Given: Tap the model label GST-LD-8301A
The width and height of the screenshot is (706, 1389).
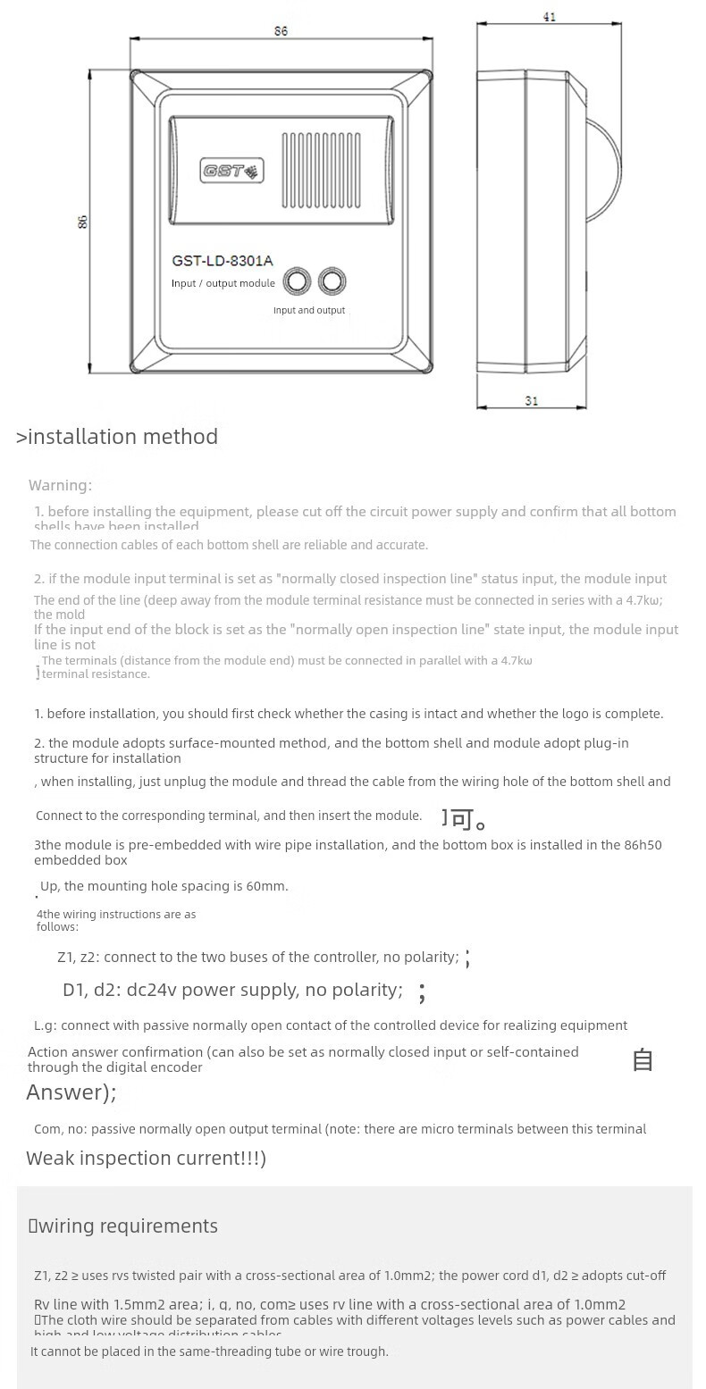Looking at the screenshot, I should [x=223, y=261].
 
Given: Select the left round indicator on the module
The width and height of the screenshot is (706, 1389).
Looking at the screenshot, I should [x=297, y=281].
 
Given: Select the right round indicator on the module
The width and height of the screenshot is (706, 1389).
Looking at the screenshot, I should [x=332, y=281].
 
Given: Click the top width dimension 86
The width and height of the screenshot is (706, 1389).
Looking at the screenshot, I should [x=281, y=31].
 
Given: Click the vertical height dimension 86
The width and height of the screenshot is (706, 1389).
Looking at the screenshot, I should [x=83, y=222].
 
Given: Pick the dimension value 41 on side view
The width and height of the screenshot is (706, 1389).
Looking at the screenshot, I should [x=549, y=17].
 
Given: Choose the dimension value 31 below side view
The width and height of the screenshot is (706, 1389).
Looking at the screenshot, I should [x=532, y=401].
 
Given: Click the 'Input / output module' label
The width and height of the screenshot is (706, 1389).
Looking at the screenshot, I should [x=223, y=283].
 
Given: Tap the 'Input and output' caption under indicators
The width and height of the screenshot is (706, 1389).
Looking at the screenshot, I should [x=309, y=310].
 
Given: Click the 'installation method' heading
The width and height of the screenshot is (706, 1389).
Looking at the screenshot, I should [x=122, y=436].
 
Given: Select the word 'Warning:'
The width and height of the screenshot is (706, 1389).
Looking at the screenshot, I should [x=60, y=485].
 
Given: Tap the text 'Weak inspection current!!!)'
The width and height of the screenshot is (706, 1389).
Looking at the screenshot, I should [x=146, y=1158].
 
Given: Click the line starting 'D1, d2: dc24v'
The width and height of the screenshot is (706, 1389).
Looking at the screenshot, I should [x=232, y=990].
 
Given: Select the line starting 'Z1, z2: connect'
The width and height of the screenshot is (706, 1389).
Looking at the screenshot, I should [x=257, y=957].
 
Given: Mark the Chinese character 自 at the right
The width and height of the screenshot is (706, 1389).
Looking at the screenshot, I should [x=643, y=1060].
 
